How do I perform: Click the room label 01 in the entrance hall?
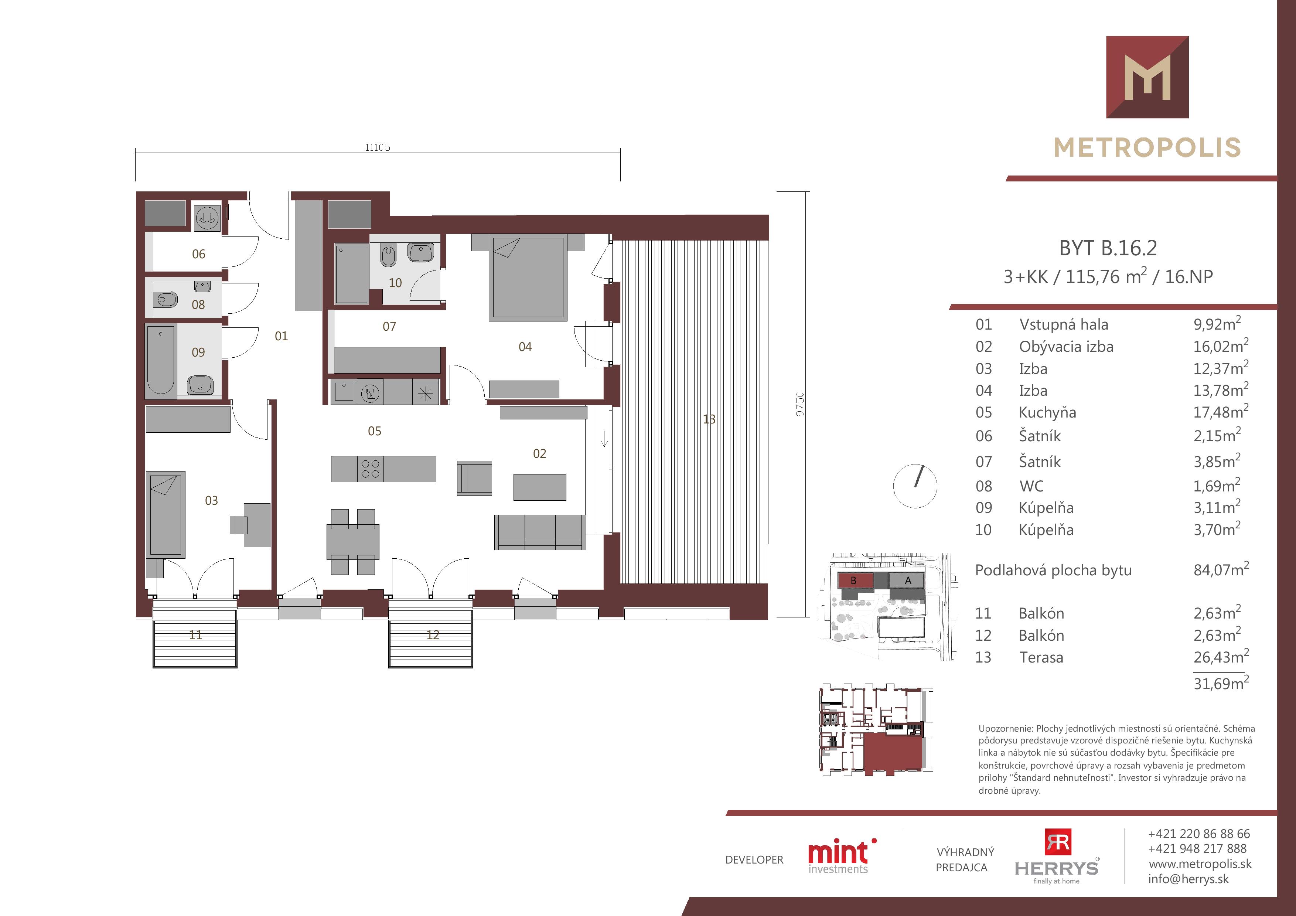tap(281, 336)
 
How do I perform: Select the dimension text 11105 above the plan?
tap(378, 147)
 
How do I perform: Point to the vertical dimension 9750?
tap(800, 405)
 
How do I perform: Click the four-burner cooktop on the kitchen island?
tap(370, 469)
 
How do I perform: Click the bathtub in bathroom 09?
tap(161, 359)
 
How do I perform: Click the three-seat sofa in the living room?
tap(540, 532)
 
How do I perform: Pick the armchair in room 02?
tap(474, 478)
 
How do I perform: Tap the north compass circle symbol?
tap(915, 486)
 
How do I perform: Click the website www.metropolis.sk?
tap(1200, 864)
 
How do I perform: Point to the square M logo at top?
tap(1147, 77)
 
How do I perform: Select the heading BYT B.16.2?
tap(1108, 248)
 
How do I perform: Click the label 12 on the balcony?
tap(433, 635)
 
